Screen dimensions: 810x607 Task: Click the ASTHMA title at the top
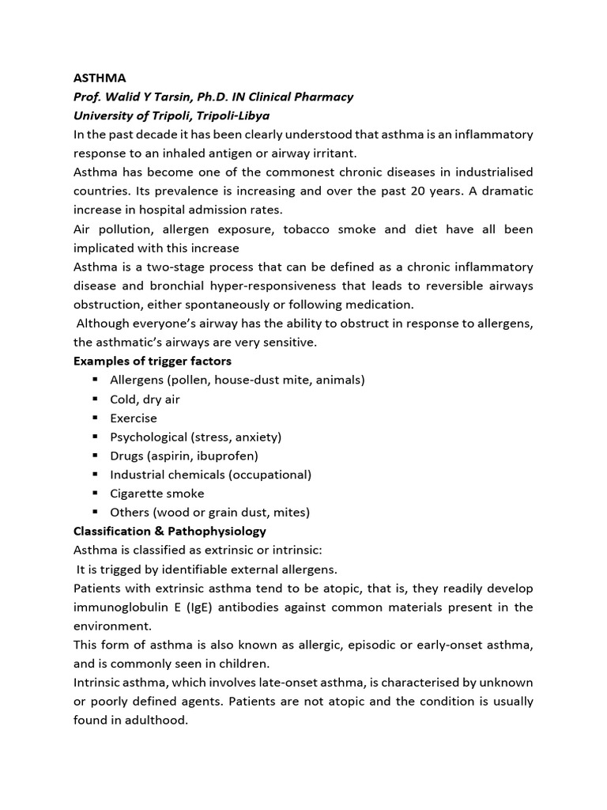click(99, 78)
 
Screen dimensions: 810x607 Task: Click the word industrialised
click(487, 172)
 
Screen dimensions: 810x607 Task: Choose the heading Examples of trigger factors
click(153, 361)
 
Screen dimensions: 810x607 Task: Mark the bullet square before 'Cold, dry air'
click(94, 399)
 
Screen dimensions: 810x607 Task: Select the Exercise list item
click(134, 418)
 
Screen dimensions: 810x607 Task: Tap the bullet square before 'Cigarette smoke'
click(94, 493)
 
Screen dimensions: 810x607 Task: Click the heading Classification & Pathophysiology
click(170, 532)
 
